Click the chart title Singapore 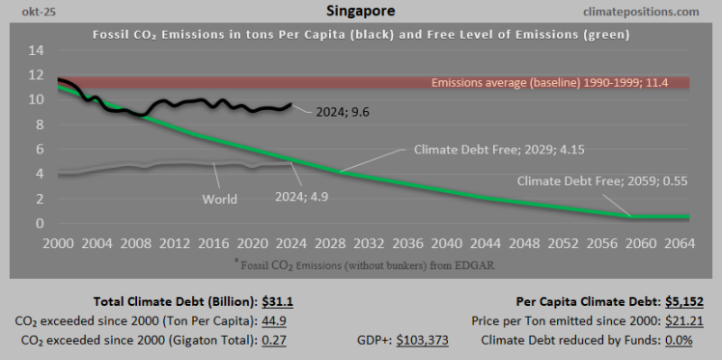361,12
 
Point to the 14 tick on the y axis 36,49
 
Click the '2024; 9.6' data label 343,111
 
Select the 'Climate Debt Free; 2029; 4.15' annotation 493,150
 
